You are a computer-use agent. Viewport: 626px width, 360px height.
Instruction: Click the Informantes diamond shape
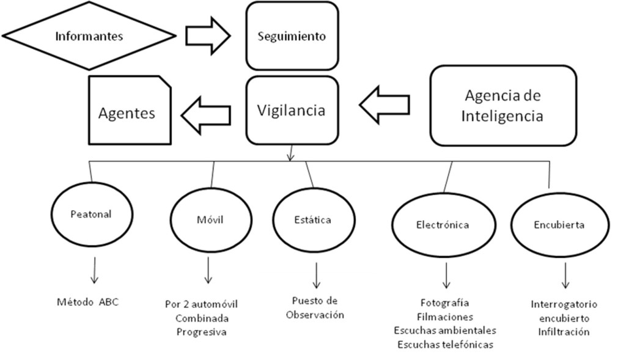click(x=89, y=36)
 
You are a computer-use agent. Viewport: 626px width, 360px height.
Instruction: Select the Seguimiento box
click(x=292, y=36)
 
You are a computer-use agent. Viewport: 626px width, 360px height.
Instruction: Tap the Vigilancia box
click(x=292, y=111)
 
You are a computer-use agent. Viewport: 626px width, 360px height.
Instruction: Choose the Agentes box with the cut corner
click(x=129, y=113)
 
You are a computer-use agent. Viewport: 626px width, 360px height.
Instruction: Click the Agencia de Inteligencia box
click(x=503, y=105)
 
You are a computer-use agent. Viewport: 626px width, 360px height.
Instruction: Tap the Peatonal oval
click(x=90, y=215)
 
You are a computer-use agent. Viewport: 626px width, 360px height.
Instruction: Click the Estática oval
click(x=312, y=219)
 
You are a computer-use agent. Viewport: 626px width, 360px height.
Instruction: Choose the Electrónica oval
click(x=443, y=224)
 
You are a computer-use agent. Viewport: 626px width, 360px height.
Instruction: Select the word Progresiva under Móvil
click(x=201, y=332)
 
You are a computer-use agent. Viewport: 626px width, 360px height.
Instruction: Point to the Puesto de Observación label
click(x=315, y=308)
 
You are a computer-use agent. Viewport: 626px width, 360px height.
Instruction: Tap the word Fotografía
click(x=444, y=303)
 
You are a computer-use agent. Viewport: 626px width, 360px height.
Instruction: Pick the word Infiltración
click(x=564, y=332)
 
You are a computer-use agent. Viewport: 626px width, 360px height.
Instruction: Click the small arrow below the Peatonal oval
click(x=94, y=271)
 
